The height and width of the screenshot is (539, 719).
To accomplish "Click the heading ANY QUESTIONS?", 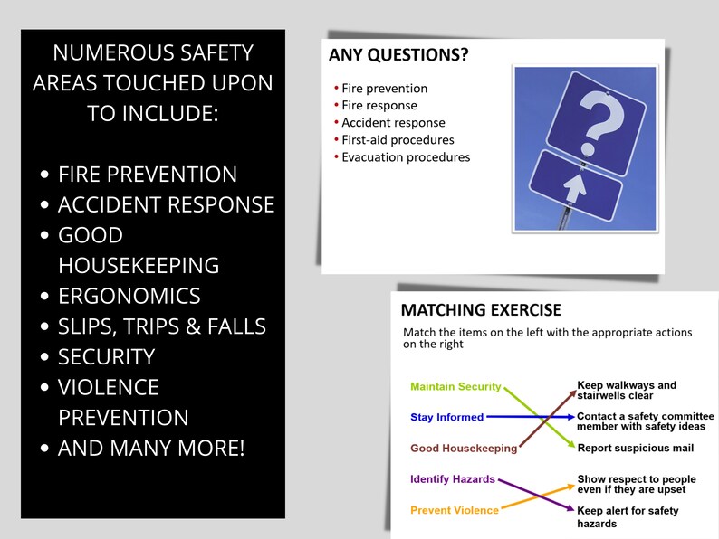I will tap(398, 55).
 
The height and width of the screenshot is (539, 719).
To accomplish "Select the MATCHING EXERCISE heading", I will tap(481, 310).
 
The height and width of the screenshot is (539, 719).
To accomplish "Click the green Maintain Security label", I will tap(455, 387).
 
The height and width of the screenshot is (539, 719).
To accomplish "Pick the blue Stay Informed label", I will tap(446, 418).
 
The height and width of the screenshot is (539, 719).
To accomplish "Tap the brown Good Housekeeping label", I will tap(464, 449).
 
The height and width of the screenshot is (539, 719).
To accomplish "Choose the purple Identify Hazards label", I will tap(453, 479).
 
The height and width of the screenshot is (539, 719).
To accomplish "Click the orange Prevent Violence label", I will tap(455, 510).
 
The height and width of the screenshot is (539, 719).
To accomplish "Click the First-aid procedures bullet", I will tap(398, 140).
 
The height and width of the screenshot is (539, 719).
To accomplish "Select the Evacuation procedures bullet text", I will tap(406, 157).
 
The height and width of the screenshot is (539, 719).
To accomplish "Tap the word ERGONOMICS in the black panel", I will tap(129, 296).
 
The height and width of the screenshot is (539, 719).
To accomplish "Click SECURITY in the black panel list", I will tap(106, 357).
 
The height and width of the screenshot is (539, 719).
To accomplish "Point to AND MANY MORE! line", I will tap(151, 449).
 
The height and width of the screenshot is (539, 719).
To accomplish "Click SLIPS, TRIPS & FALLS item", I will tap(162, 326).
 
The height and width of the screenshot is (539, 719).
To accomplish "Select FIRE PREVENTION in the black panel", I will tap(148, 175).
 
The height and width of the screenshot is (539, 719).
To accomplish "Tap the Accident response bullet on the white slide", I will tap(393, 123).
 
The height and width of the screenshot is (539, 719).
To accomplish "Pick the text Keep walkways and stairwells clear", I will tap(627, 391).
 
